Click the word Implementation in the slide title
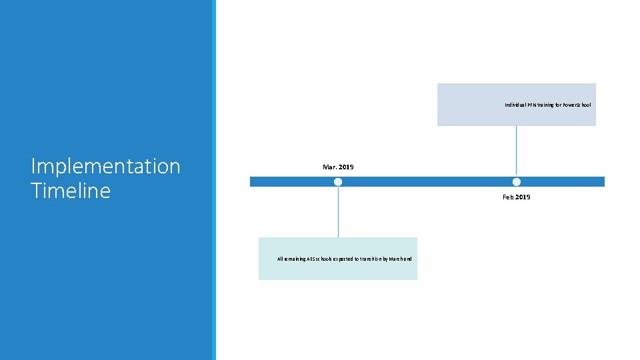point(105,166)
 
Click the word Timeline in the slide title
point(70,191)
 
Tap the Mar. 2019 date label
point(338,167)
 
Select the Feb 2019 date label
point(516,197)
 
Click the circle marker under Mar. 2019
point(338,182)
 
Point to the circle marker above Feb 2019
point(517,182)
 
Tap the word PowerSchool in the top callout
point(577,105)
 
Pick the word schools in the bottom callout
point(329,259)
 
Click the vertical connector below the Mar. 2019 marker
point(338,212)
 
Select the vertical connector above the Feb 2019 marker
point(517,151)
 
